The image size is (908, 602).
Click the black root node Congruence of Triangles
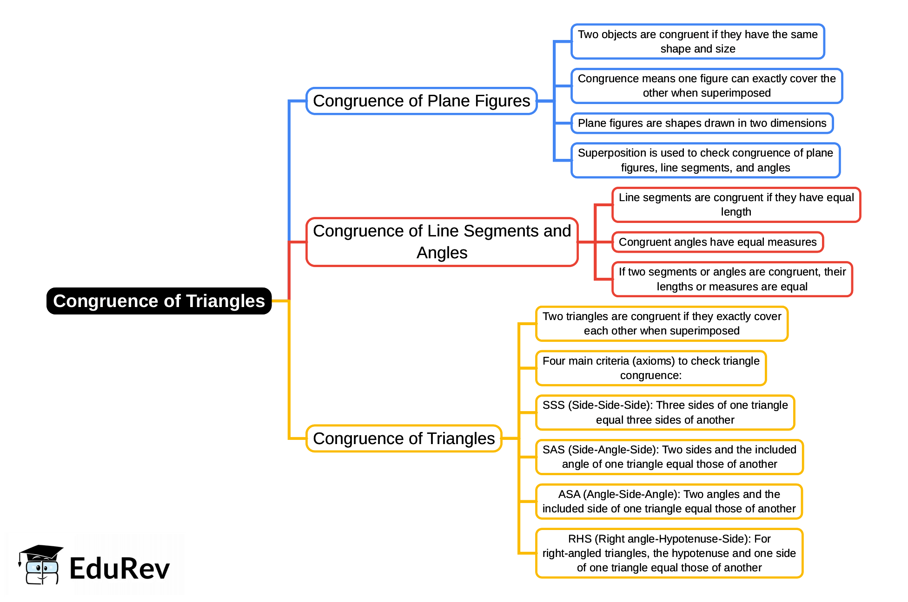tap(159, 301)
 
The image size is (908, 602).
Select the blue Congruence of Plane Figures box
tap(421, 101)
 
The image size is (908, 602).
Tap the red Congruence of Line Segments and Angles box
tap(442, 242)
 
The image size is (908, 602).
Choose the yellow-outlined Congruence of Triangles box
tap(404, 438)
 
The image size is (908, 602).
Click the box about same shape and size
tap(697, 41)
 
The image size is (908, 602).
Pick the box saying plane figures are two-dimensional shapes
tap(702, 123)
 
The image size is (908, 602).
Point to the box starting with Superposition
tap(705, 160)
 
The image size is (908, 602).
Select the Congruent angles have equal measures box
tap(717, 242)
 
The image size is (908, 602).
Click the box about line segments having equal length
tap(736, 204)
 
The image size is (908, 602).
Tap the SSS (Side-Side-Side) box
tap(665, 412)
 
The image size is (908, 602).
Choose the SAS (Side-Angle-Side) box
tap(669, 457)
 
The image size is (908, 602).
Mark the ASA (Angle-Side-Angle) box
tap(669, 501)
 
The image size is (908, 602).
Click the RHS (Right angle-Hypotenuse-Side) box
tap(669, 553)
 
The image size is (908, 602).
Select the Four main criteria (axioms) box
tap(650, 368)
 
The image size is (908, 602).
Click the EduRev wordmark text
tap(119, 569)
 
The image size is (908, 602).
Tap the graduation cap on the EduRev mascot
tap(41, 552)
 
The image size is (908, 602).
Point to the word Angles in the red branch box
tap(442, 253)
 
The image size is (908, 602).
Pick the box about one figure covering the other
tap(706, 86)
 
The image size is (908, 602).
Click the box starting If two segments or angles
tap(732, 279)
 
